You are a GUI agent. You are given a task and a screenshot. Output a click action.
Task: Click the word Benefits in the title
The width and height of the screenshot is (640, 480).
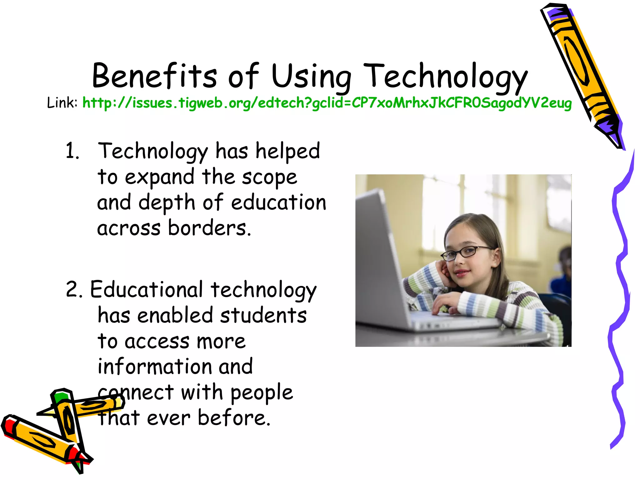(154, 76)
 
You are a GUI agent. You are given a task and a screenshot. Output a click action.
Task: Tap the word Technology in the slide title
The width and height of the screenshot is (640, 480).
(446, 77)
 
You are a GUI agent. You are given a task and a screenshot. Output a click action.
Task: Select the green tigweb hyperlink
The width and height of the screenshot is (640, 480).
(327, 103)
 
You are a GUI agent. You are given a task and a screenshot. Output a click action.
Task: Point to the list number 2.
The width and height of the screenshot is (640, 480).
(74, 289)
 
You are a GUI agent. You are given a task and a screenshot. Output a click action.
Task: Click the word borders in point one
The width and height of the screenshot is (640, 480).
(209, 228)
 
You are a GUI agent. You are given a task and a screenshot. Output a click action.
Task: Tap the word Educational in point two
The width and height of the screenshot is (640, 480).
(147, 289)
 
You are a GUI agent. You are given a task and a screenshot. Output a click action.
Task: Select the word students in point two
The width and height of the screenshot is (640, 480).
(263, 315)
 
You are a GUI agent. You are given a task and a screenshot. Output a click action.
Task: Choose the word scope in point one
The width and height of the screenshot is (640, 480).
(269, 177)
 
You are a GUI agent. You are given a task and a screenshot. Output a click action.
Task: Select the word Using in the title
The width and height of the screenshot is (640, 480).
(311, 77)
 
